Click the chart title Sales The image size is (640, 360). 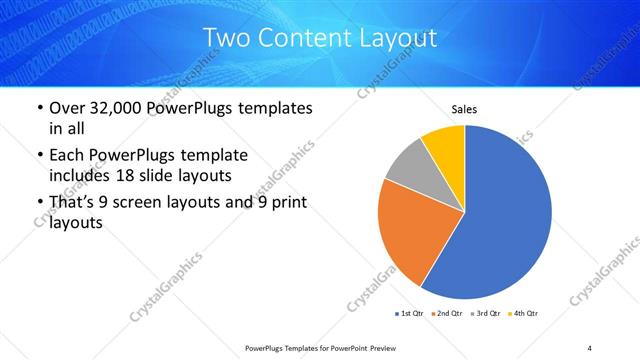coord(464,109)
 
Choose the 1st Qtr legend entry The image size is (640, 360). coord(409,314)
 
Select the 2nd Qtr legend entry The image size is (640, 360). coord(446,314)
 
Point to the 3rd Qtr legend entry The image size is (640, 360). coord(484,314)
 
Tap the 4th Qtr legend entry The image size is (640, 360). coord(522,314)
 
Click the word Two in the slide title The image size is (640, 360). coord(226,39)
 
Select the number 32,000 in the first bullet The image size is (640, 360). coord(121,108)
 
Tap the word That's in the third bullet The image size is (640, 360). coord(75,203)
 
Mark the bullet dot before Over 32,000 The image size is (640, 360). coord(39,108)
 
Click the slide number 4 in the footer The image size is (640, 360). coord(589,347)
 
